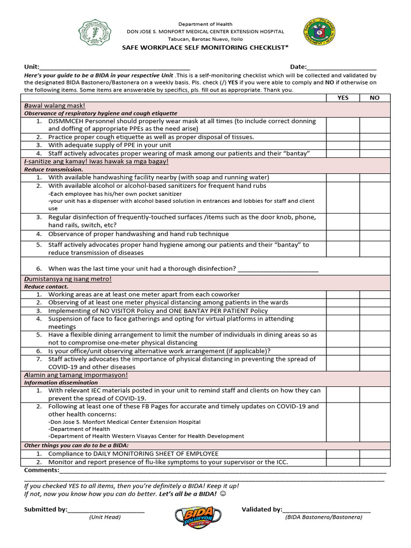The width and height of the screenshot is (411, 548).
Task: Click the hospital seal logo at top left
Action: (97, 34)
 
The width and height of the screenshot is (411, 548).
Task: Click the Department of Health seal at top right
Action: (319, 34)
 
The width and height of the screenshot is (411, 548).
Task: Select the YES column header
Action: (343, 98)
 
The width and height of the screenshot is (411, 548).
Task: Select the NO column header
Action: (375, 98)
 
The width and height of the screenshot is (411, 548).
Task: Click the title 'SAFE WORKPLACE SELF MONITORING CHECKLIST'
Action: (205, 48)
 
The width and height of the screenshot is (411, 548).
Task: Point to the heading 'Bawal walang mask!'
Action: (55, 106)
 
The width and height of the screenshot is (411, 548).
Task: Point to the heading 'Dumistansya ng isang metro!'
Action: (68, 279)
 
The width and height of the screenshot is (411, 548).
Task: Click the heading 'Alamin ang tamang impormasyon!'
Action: (76, 375)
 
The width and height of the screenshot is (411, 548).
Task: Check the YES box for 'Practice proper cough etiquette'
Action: (343, 137)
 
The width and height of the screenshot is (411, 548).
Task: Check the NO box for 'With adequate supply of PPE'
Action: (375, 145)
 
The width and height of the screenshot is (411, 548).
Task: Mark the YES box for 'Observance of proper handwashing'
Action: (343, 234)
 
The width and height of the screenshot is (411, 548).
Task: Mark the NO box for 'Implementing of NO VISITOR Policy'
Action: (375, 310)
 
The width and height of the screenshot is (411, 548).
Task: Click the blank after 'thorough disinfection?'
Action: (278, 269)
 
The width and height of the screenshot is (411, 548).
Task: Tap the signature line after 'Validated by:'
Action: (326, 510)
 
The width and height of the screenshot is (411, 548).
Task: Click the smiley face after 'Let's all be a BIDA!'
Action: (223, 494)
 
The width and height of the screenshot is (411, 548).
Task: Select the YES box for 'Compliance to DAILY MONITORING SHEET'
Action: (343, 454)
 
